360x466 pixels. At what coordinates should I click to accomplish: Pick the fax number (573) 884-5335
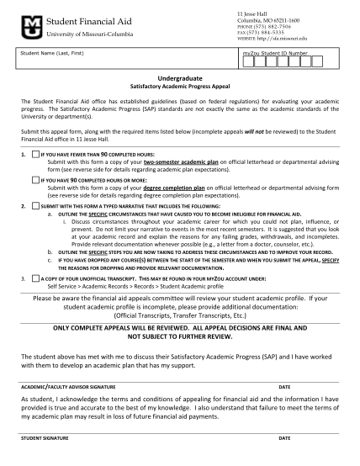262,32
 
